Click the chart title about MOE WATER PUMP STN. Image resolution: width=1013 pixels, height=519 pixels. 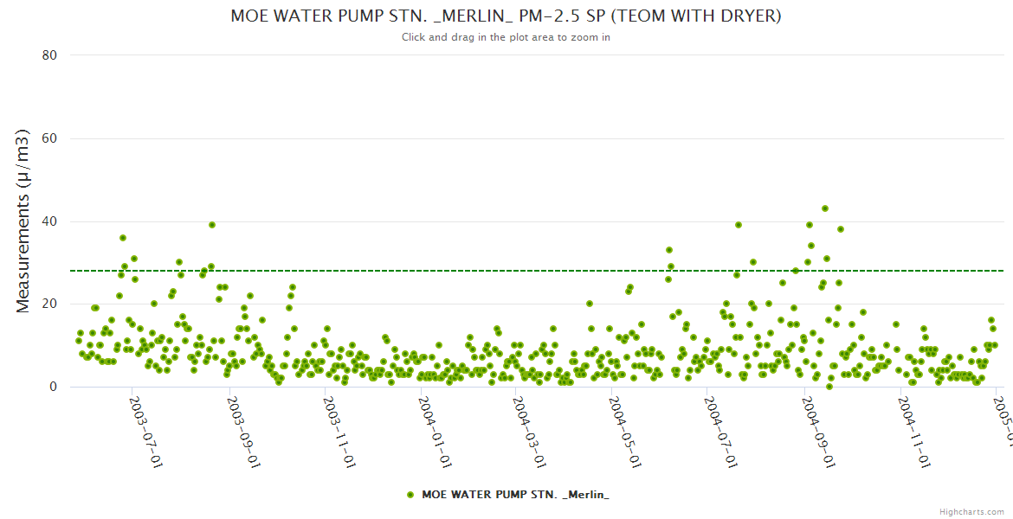(x=506, y=16)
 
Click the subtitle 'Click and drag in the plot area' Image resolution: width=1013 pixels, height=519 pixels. (x=506, y=37)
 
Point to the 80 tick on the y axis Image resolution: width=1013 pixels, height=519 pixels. (x=49, y=55)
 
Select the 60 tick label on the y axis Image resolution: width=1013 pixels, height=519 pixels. (x=49, y=138)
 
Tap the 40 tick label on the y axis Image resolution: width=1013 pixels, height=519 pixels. (x=49, y=221)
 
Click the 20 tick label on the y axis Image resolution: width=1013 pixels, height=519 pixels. (x=49, y=304)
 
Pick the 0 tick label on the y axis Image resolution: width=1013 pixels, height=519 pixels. (x=53, y=388)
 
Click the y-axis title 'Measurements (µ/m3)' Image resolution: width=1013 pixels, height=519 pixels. (x=23, y=221)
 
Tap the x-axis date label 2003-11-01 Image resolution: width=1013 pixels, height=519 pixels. (x=338, y=432)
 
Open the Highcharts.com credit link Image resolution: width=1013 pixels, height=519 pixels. (x=971, y=512)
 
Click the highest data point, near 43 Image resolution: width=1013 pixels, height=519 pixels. (x=825, y=208)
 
